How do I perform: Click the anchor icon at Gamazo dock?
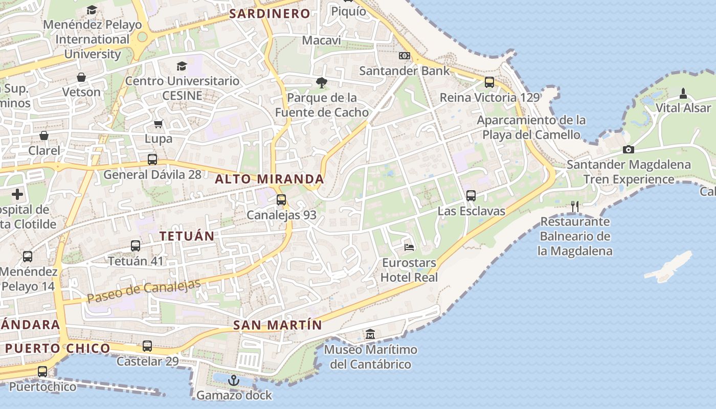tap(234, 380)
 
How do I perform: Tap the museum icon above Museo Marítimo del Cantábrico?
tap(370, 335)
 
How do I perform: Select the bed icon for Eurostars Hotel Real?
tap(409, 247)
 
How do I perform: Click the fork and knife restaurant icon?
tap(575, 207)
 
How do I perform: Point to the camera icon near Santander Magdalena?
tap(629, 149)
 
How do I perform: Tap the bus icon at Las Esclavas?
tap(471, 196)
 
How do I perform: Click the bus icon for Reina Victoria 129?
tap(489, 82)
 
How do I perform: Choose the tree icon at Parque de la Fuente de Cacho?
tap(321, 82)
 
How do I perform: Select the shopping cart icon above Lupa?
tap(159, 124)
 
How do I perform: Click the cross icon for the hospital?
tap(17, 194)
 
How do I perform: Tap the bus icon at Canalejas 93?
tap(281, 200)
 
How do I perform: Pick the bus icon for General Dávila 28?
tap(152, 160)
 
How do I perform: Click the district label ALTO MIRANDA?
tap(270, 179)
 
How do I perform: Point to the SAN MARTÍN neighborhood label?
tap(278, 325)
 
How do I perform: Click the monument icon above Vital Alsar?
tap(683, 93)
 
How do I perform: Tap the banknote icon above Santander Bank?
tap(405, 56)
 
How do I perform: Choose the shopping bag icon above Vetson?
tap(81, 77)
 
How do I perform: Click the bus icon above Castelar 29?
tap(147, 346)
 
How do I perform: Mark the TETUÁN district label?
tap(186, 236)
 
